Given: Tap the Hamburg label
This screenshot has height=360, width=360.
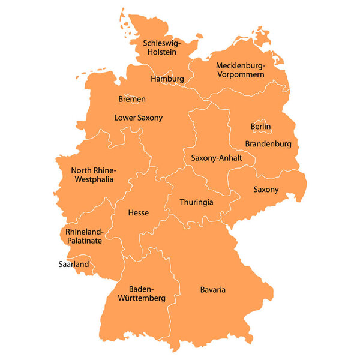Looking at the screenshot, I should (x=167, y=79).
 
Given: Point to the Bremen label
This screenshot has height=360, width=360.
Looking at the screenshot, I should (x=132, y=99).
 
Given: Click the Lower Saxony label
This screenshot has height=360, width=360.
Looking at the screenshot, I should (x=139, y=118).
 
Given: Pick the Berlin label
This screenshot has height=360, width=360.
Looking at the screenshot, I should (x=260, y=127).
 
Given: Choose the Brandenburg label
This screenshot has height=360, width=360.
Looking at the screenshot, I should (x=268, y=144).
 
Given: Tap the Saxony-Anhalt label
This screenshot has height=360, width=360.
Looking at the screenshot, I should (x=217, y=158).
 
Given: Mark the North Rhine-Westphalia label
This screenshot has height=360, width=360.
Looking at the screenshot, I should (x=94, y=175).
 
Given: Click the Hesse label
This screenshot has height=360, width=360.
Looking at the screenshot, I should (x=139, y=212).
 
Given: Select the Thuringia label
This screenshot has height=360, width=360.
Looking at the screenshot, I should (x=196, y=202).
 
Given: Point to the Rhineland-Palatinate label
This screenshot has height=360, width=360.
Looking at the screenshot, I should (x=84, y=236).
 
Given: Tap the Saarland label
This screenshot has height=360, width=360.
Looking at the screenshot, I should (x=73, y=264).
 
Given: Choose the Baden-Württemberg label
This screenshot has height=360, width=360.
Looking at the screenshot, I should (x=142, y=293).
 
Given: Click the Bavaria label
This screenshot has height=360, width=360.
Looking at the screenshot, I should (x=213, y=290).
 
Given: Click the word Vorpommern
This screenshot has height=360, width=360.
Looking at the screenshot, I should (x=240, y=74).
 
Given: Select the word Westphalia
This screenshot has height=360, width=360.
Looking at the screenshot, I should (x=94, y=179).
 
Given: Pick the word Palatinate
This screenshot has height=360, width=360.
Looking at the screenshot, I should (x=84, y=241).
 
